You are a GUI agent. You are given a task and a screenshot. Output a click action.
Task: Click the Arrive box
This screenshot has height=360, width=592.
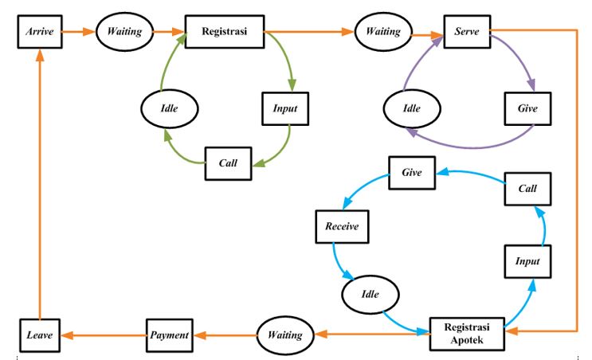[x=38, y=32]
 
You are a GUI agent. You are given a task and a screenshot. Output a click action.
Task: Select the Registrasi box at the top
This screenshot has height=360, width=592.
[x=225, y=32]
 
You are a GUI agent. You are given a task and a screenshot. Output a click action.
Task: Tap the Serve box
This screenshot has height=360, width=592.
[x=466, y=32]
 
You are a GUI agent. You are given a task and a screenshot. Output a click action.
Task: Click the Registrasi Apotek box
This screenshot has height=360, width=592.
[x=468, y=334]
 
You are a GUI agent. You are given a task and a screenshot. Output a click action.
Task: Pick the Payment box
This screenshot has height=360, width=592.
[x=171, y=335]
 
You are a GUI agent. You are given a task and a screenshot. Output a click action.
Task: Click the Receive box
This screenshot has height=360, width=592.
[x=342, y=226]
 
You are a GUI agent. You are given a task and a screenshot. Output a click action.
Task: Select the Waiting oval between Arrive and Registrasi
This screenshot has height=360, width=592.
[x=124, y=32]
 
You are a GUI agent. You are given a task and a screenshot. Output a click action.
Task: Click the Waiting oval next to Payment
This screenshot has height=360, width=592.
[x=285, y=335]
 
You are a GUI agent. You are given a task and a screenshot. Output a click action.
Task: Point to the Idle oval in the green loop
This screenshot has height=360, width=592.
[x=168, y=107]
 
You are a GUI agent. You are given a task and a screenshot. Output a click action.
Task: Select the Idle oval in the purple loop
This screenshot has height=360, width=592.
[x=411, y=107]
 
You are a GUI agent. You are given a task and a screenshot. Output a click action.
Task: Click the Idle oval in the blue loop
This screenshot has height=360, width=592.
[x=370, y=294]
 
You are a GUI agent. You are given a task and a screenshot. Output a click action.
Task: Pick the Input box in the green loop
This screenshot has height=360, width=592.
[x=284, y=108]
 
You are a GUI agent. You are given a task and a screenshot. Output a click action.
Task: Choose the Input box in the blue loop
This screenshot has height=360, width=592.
[x=527, y=260]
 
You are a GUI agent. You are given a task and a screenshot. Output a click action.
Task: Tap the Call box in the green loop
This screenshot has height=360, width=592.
[x=229, y=162]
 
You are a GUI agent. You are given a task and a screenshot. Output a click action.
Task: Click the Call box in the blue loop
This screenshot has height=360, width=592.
[x=527, y=189]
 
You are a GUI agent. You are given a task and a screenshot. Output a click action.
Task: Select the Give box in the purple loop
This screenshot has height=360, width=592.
[x=527, y=108]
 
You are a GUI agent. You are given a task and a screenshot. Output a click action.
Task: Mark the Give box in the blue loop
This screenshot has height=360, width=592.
[x=411, y=171]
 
